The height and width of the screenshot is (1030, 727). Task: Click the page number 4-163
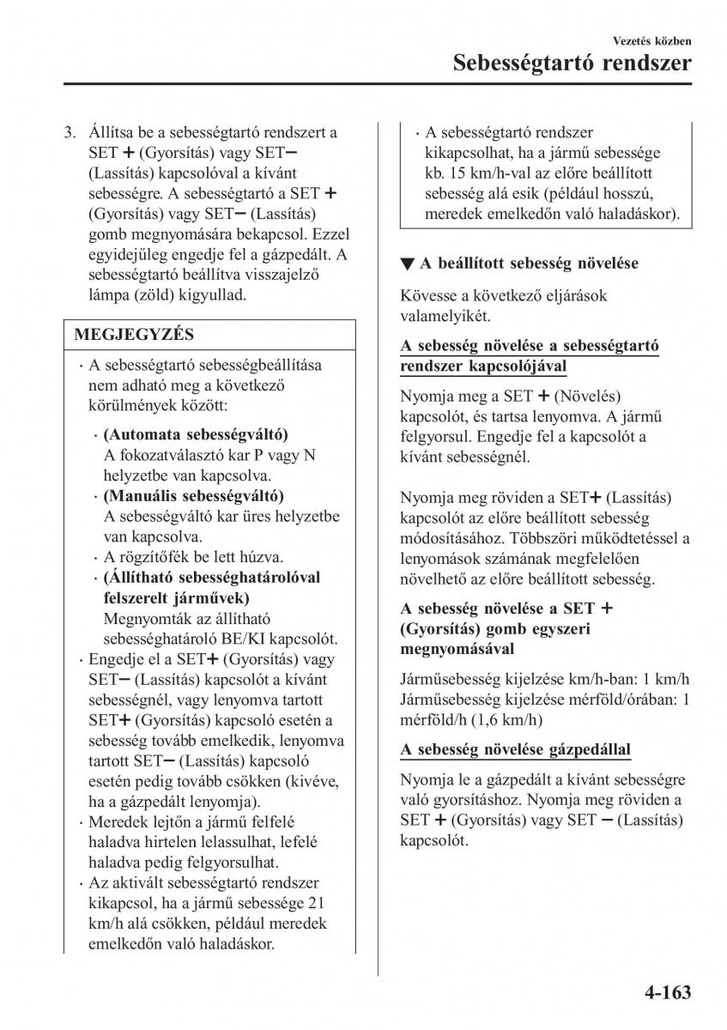[665, 995]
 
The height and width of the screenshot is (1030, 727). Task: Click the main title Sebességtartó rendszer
[571, 64]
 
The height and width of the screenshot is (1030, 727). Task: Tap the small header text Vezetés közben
[652, 40]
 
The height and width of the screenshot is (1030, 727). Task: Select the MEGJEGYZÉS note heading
[134, 335]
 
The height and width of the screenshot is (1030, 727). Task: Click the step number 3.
[70, 133]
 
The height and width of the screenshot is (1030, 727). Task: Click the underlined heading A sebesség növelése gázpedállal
[515, 749]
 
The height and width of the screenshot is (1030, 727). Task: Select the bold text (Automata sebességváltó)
[196, 434]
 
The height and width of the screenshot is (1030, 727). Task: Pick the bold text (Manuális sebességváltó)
[193, 496]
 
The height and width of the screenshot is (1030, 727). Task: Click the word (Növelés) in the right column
[588, 396]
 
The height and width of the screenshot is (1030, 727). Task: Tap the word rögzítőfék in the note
[154, 557]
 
